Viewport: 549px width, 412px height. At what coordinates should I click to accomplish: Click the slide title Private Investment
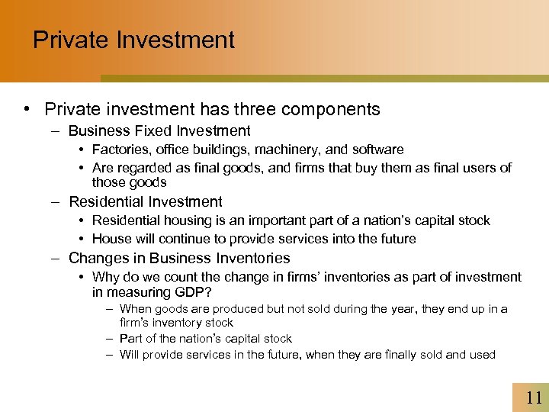[133, 40]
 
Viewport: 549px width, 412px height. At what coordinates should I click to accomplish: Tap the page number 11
[534, 398]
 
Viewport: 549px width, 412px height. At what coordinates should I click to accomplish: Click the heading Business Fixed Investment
[159, 131]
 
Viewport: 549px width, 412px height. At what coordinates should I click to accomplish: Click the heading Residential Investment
[146, 202]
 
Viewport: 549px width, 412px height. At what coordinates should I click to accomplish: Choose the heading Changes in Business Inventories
[179, 259]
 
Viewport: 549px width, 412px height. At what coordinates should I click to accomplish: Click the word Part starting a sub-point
[132, 339]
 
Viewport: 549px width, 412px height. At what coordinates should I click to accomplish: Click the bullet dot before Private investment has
[28, 110]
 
